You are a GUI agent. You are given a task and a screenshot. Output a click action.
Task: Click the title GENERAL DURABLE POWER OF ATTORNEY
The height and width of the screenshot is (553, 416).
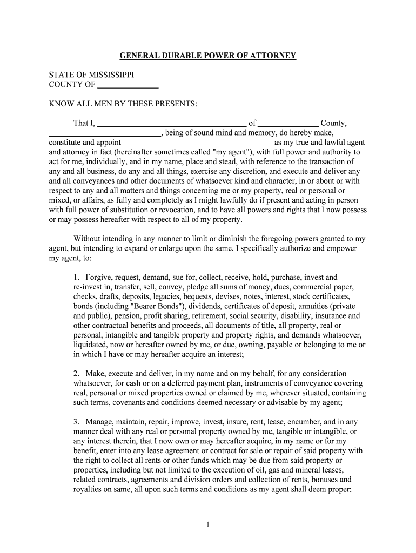click(x=207, y=56)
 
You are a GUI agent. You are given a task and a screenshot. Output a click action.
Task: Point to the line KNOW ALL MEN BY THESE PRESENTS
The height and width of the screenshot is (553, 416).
click(x=124, y=103)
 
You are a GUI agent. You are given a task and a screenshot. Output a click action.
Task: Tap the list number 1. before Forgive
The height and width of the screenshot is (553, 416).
click(x=77, y=277)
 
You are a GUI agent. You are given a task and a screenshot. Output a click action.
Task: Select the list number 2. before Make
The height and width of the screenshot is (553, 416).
click(x=77, y=374)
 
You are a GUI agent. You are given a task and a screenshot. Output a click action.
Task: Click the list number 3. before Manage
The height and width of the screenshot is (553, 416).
click(x=77, y=421)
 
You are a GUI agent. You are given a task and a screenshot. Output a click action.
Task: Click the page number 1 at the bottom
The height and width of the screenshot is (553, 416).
click(x=208, y=524)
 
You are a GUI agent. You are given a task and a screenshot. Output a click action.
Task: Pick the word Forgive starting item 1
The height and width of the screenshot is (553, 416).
click(x=98, y=277)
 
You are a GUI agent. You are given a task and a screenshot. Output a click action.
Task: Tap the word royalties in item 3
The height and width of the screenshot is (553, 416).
click(x=90, y=489)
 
